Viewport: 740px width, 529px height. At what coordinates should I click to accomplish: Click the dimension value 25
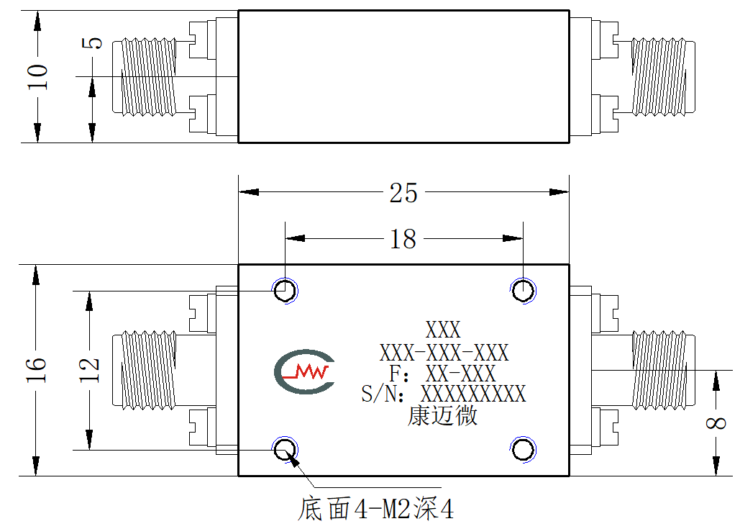point(403,193)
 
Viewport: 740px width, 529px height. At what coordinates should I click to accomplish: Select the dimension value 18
point(403,239)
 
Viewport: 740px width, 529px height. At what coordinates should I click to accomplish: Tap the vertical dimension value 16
point(37,369)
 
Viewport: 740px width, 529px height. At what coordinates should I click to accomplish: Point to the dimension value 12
point(89,369)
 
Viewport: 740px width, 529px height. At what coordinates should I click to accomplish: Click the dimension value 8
point(716,422)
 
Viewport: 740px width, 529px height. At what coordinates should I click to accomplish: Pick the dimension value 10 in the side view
point(37,77)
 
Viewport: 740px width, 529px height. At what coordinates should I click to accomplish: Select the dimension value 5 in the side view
point(92,43)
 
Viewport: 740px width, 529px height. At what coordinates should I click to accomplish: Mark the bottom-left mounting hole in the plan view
point(285,449)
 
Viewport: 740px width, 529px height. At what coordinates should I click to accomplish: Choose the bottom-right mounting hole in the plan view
point(523,449)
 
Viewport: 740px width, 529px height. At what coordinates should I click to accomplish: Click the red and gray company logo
point(305,371)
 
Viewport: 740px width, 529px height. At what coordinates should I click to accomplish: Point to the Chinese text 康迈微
point(442,416)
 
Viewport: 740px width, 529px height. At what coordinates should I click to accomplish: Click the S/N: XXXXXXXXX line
point(443,394)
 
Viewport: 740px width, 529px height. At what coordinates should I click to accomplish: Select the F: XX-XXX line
point(442,374)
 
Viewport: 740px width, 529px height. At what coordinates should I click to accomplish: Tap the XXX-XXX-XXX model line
point(444,353)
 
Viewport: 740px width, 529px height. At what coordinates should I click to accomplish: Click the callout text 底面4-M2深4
point(375,509)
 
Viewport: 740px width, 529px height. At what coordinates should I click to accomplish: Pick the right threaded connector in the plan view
point(663,370)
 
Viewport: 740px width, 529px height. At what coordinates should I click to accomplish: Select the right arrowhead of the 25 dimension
point(559,192)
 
